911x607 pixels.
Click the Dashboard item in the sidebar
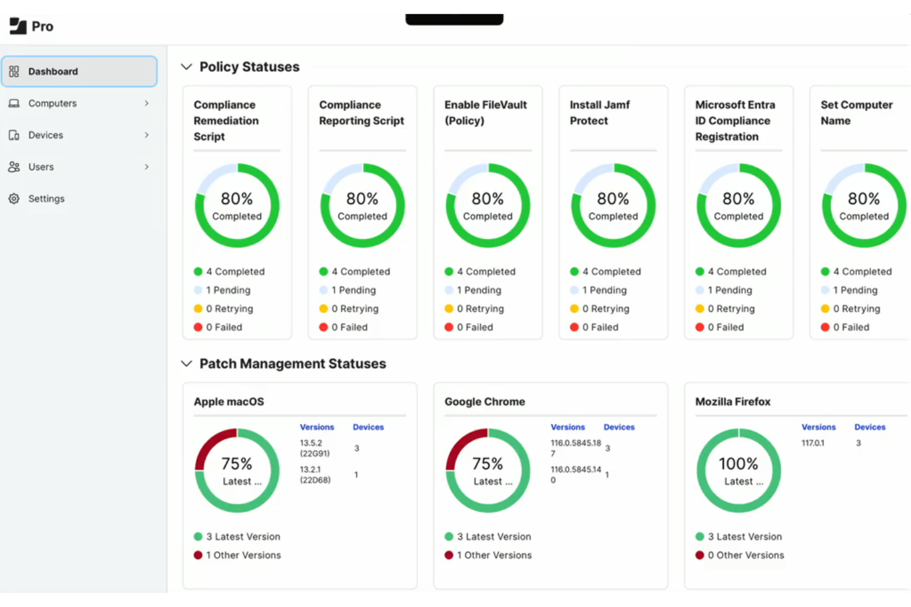(53, 71)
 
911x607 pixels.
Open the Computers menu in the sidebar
(52, 103)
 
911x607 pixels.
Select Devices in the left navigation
(46, 135)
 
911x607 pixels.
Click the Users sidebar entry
(41, 167)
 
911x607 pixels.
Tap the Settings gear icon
(14, 199)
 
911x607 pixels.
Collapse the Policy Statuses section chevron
(187, 67)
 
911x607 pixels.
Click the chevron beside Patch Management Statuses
(187, 364)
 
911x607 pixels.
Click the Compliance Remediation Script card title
(226, 121)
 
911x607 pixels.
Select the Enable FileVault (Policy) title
(485, 113)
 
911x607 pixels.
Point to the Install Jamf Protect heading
(599, 113)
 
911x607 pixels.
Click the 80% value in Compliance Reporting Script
(362, 199)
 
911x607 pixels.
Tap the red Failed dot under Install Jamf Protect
(574, 327)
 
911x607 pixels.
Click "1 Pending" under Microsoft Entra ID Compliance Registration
(729, 290)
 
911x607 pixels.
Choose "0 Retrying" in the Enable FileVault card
(480, 309)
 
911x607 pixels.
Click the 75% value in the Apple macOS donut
(237, 464)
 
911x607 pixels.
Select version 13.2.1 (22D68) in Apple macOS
(315, 474)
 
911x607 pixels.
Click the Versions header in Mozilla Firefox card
(818, 427)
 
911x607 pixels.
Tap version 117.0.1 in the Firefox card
(813, 443)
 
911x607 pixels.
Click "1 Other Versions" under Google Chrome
(494, 555)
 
